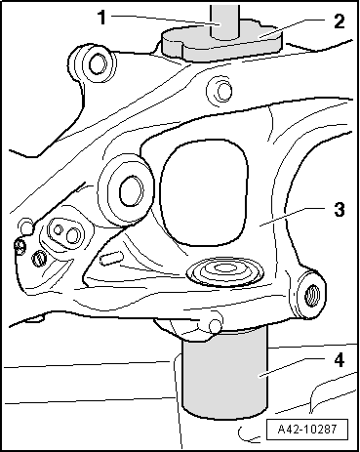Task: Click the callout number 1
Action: tap(102, 18)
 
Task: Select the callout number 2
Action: tap(339, 21)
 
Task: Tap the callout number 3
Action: tap(340, 209)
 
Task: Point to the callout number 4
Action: tap(340, 360)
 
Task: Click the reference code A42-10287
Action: tap(307, 429)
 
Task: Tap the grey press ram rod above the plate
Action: tap(224, 21)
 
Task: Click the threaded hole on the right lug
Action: tap(312, 295)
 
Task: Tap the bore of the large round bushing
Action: tap(131, 192)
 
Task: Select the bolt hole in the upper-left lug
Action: tap(97, 65)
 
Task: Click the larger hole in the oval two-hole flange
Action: tap(72, 235)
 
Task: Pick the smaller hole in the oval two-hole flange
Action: tap(58, 229)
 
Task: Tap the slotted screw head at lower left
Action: tap(38, 259)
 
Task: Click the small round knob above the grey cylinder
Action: tap(216, 325)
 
